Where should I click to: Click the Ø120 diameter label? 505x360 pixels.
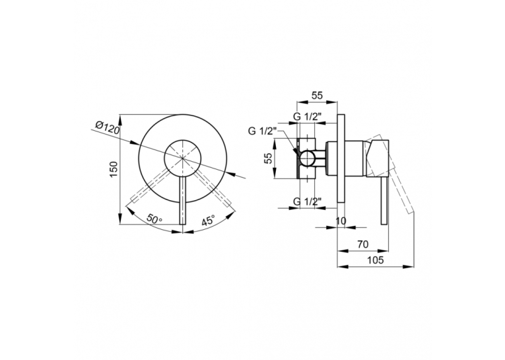(x=108, y=128)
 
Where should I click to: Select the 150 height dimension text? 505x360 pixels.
(x=114, y=169)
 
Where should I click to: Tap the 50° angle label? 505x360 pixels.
(x=154, y=219)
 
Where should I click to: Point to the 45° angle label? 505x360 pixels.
(x=208, y=221)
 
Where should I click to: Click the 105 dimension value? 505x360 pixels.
(x=375, y=260)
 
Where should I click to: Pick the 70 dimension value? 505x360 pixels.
(x=362, y=244)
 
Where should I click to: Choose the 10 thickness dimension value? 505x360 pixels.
(x=341, y=221)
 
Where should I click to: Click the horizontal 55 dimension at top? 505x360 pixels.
(x=317, y=95)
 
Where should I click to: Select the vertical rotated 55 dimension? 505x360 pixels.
(x=269, y=159)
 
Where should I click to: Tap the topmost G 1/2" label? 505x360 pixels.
(x=307, y=117)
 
